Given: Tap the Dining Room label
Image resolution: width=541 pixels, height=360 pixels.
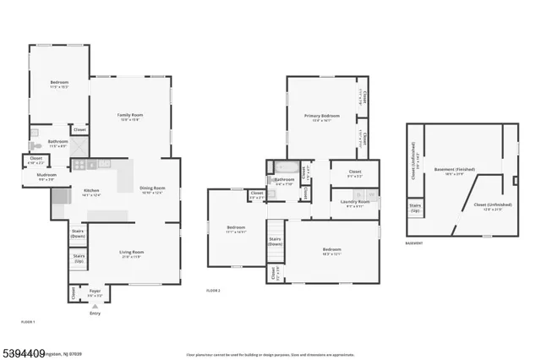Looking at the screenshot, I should point(152,189).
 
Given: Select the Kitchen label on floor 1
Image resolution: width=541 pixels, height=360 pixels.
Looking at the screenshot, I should point(91,192).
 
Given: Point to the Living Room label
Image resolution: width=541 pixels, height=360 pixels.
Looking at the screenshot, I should point(131,253).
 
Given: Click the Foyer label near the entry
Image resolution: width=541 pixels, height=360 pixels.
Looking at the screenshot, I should point(95,292).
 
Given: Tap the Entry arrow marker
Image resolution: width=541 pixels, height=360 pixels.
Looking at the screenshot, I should point(94,308).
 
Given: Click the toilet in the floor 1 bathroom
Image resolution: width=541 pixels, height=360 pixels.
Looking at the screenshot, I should point(35,145).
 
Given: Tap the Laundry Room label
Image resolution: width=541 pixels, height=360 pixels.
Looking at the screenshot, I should point(353,203).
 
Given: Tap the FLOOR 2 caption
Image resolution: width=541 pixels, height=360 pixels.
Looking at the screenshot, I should point(214,290).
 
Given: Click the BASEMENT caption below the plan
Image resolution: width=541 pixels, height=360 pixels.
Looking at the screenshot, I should point(414,243).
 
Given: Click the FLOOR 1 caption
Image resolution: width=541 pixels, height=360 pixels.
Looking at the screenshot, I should point(28,322).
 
